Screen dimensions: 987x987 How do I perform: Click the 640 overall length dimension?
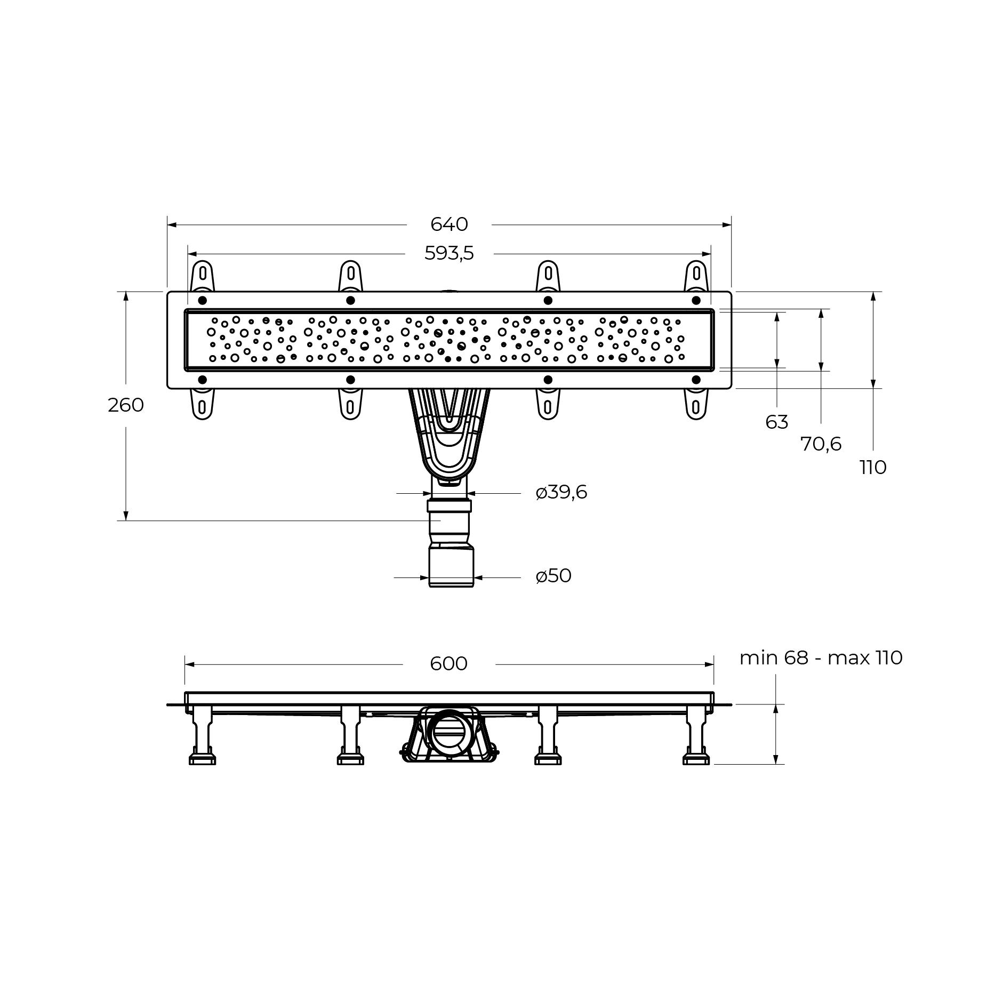pos(449,224)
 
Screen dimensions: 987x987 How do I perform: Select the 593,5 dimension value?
pos(449,253)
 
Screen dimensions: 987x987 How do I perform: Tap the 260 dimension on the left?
pos(126,405)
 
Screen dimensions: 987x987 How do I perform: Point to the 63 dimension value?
pos(776,422)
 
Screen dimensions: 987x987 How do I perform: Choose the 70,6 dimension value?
pos(821,444)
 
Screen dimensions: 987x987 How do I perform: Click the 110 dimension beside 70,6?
pos(873,467)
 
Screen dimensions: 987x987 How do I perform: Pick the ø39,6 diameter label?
pos(561,492)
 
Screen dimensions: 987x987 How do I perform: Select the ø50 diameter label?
pos(553,576)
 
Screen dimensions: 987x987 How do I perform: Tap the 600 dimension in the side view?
pos(448,663)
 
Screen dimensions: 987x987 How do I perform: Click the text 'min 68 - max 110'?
pos(821,657)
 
